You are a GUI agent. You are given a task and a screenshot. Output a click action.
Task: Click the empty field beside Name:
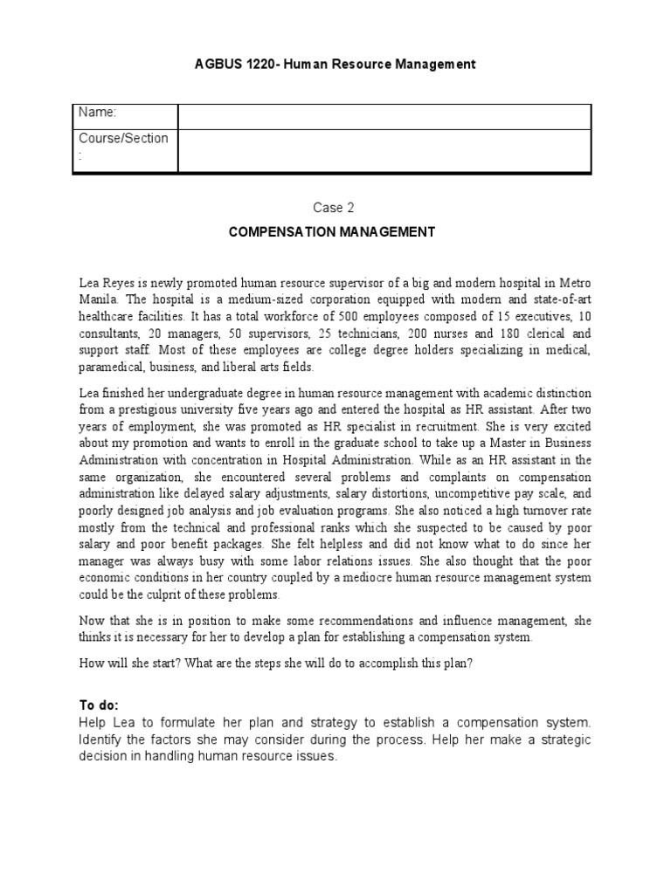click(384, 115)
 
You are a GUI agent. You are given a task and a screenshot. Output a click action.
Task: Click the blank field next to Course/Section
click(384, 149)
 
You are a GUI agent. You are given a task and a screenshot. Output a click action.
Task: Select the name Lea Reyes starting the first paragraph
click(107, 282)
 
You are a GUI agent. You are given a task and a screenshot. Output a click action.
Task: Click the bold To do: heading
click(99, 705)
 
